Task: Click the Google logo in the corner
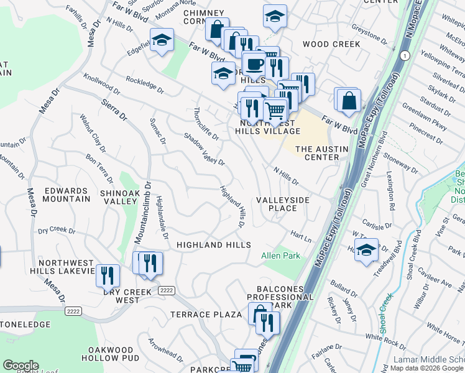tap(21, 366)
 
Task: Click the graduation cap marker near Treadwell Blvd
tap(367, 250)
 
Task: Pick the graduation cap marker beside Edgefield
tap(162, 42)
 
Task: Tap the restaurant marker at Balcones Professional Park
tap(267, 322)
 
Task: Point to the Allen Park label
tap(280, 256)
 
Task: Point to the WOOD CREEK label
tap(331, 44)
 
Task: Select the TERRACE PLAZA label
tap(206, 315)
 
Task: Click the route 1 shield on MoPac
tap(405, 56)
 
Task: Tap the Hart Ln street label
tap(300, 234)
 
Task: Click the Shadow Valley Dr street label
tap(204, 149)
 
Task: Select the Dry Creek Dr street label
tap(56, 231)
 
